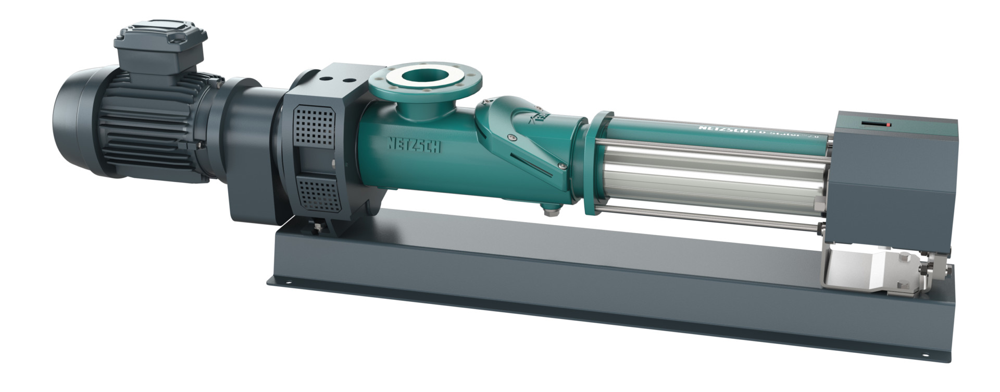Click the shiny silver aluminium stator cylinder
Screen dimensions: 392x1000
tap(714, 177)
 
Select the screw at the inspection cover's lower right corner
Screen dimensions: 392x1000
tap(562, 166)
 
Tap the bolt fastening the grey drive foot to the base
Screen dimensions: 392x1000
tap(316, 226)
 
